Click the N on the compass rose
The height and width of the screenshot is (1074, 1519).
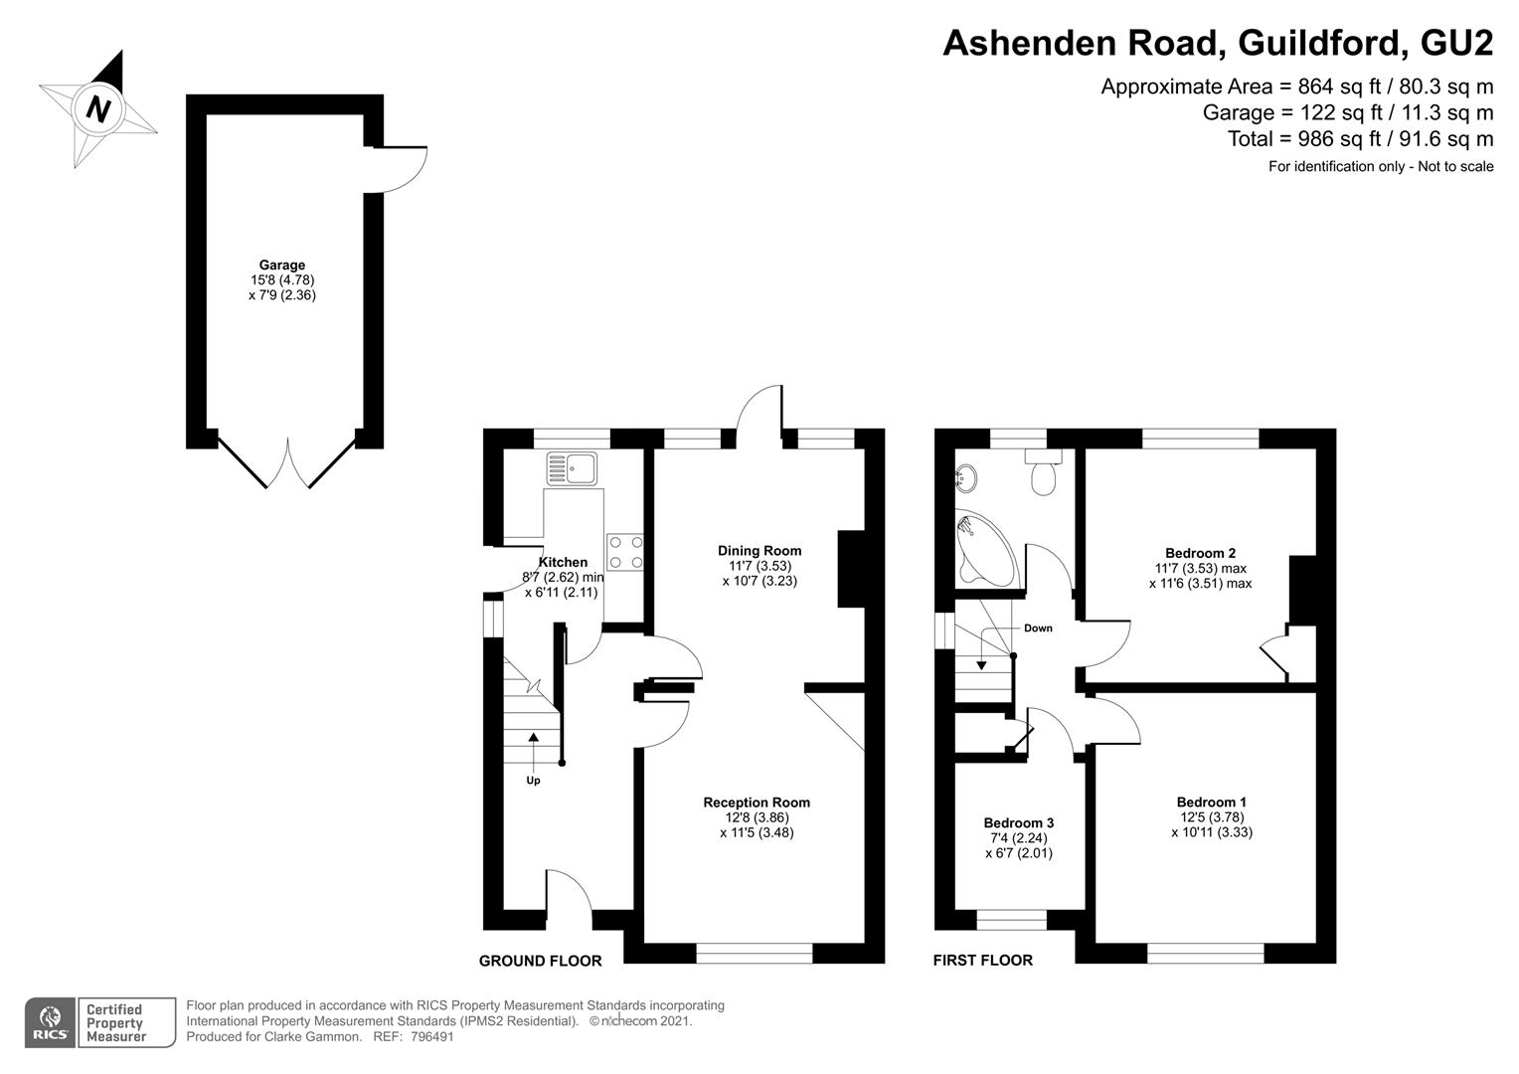(x=99, y=109)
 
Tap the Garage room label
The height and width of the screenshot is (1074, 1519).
(x=282, y=265)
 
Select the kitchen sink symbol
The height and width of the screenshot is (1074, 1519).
(x=573, y=468)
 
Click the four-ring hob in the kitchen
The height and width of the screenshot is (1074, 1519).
(x=625, y=552)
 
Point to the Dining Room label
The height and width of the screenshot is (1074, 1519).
(x=759, y=550)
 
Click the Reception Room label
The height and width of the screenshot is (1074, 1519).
(x=757, y=802)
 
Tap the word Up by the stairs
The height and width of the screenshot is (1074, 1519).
(x=534, y=781)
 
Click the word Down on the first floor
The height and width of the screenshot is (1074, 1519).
(x=1038, y=628)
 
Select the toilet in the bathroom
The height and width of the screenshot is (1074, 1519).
(x=1044, y=471)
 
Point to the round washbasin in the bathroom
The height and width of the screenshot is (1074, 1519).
(x=965, y=477)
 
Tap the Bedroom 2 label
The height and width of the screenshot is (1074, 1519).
(x=1200, y=553)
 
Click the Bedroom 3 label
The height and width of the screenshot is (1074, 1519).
(x=1019, y=823)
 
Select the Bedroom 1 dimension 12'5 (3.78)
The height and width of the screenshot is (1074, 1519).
(x=1211, y=816)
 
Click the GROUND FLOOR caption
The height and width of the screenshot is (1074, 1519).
(x=541, y=961)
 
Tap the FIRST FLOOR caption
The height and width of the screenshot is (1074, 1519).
(x=982, y=960)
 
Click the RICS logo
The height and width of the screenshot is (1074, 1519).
(x=50, y=1022)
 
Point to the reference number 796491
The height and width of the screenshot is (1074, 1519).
(x=432, y=1036)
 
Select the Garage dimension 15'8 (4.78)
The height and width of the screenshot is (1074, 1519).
(x=282, y=279)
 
